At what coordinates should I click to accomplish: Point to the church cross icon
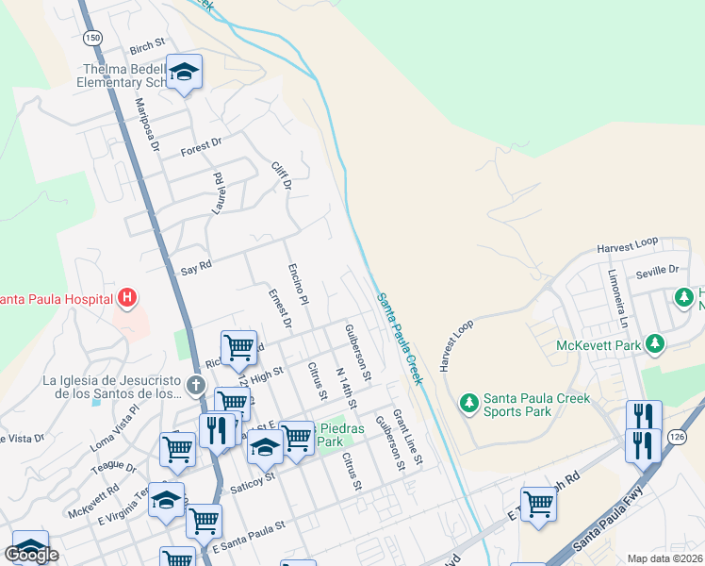(195, 384)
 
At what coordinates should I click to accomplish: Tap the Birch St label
(147, 45)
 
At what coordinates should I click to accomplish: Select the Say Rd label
(196, 268)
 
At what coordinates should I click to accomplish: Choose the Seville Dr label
(659, 270)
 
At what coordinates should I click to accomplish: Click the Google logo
(31, 555)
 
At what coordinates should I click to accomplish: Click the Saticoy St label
(254, 477)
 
